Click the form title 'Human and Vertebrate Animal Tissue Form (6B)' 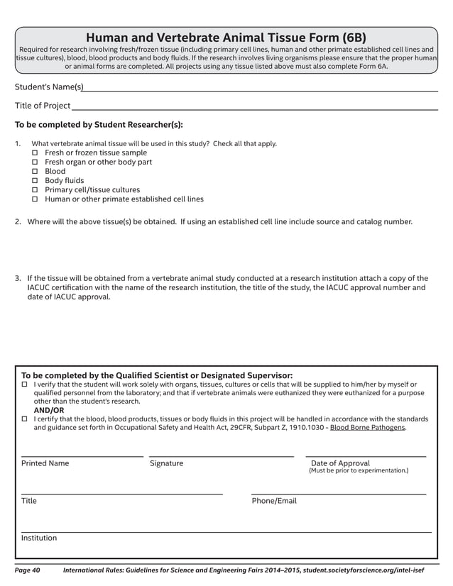(x=226, y=38)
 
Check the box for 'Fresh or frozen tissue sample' (x=36, y=153)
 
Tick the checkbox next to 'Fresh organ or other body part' (x=36, y=162)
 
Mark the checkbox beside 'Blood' (x=36, y=172)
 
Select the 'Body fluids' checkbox (x=36, y=181)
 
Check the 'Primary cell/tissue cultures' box (x=36, y=190)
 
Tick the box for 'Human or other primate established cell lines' (x=36, y=199)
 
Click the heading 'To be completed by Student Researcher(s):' (x=99, y=125)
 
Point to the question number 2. (x=18, y=222)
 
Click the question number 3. (x=18, y=278)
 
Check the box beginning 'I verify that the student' (x=24, y=385)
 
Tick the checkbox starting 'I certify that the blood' (x=24, y=419)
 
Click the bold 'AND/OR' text (x=49, y=410)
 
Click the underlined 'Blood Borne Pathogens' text (x=368, y=428)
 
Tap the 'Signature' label (x=166, y=463)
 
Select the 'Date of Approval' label (x=340, y=463)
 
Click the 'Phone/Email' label (x=274, y=501)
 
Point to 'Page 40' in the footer (x=28, y=570)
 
